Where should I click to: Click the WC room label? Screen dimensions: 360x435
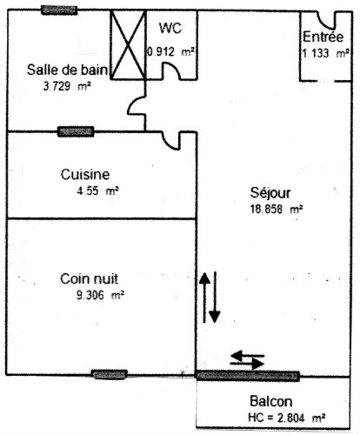[x=170, y=28]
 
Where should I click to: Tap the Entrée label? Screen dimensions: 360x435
[x=323, y=37]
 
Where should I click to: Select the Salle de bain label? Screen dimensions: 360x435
[x=67, y=70]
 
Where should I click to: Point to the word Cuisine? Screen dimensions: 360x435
[x=85, y=174]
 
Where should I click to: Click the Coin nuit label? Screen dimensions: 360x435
[x=90, y=278]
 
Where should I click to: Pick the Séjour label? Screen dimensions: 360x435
[x=270, y=193]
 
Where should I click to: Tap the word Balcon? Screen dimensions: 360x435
[x=271, y=401]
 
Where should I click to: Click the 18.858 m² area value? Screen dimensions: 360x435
[x=277, y=209]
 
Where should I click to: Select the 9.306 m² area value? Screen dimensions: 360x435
[x=100, y=295]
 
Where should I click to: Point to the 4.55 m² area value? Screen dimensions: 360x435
[x=97, y=191]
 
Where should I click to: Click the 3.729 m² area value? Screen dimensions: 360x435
[x=67, y=86]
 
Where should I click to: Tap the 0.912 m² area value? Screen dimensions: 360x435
[x=170, y=52]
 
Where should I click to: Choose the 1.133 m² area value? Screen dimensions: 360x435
[x=325, y=53]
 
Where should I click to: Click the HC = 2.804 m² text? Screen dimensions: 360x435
[x=287, y=418]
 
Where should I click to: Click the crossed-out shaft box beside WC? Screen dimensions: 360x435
[x=128, y=44]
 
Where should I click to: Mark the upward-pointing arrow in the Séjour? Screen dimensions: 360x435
[x=205, y=298]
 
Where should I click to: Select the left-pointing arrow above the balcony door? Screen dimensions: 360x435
[x=248, y=355]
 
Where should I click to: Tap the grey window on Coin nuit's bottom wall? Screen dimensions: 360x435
[x=110, y=374]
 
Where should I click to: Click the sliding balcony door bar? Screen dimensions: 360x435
[x=248, y=376]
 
